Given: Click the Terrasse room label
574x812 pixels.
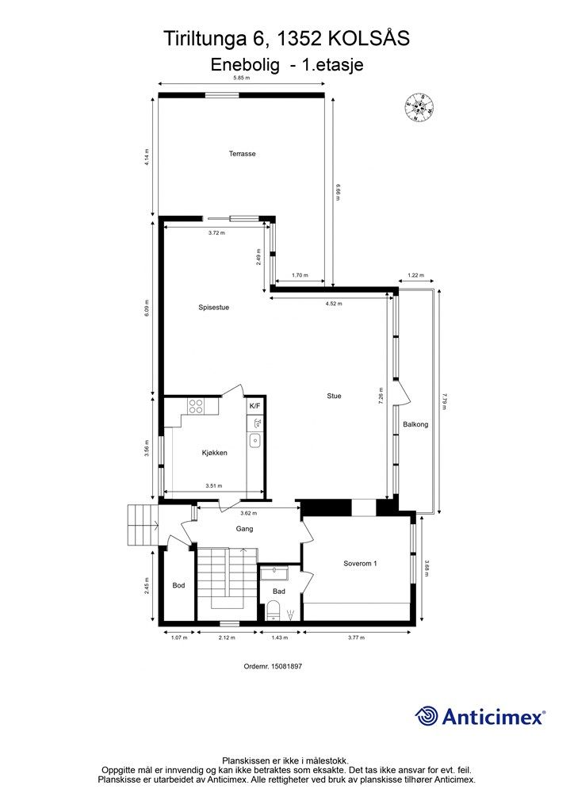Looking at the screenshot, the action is pyautogui.click(x=243, y=154).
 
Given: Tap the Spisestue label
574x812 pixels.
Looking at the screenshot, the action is pyautogui.click(x=214, y=308).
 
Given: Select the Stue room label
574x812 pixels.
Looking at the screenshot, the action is pyautogui.click(x=334, y=396).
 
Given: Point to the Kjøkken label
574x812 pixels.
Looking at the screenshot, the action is pyautogui.click(x=214, y=453).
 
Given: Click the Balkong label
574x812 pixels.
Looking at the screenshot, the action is pyautogui.click(x=415, y=425).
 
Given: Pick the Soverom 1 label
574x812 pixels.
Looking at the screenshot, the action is pyautogui.click(x=360, y=564).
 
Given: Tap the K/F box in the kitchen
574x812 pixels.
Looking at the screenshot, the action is pyautogui.click(x=255, y=406).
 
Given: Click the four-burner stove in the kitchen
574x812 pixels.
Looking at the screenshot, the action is pyautogui.click(x=196, y=406).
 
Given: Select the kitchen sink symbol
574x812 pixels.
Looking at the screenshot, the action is pyautogui.click(x=254, y=441).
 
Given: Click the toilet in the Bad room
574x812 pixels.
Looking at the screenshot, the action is pyautogui.click(x=273, y=611).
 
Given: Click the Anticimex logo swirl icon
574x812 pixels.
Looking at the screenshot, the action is pyautogui.click(x=427, y=716).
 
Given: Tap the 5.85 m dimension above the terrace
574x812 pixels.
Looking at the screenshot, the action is pyautogui.click(x=241, y=79).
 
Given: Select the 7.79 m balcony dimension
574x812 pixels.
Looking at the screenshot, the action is pyautogui.click(x=444, y=401).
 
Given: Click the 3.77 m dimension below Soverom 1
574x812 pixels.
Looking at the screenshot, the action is pyautogui.click(x=356, y=638).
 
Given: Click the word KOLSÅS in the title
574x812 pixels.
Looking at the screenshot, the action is pyautogui.click(x=369, y=39).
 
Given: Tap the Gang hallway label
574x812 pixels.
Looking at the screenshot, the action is pyautogui.click(x=244, y=529).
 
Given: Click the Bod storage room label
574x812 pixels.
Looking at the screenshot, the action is pyautogui.click(x=178, y=586).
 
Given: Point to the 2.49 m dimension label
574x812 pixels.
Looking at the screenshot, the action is pyautogui.click(x=259, y=258).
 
